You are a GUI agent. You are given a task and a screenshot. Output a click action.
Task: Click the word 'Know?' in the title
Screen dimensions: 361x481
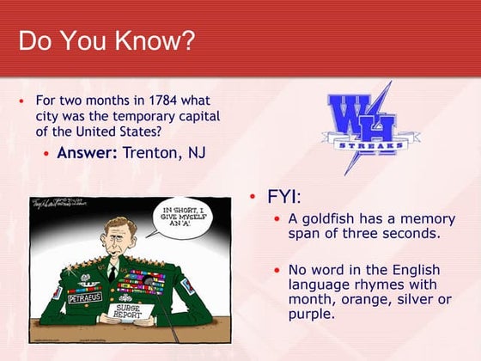pyautogui.click(x=158, y=40)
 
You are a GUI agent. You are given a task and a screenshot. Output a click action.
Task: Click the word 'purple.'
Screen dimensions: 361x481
pyautogui.click(x=310, y=314)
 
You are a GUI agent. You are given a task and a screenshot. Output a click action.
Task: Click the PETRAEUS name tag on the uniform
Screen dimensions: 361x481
pyautogui.click(x=84, y=297)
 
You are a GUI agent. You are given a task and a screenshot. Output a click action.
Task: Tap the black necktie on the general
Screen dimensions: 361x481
pyautogui.click(x=113, y=273)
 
